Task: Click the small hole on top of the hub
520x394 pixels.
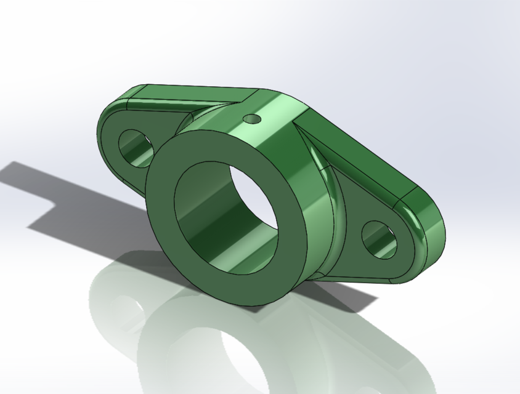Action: point(252,118)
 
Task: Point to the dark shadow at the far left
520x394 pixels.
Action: point(37,185)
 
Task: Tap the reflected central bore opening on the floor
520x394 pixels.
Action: point(246,357)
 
